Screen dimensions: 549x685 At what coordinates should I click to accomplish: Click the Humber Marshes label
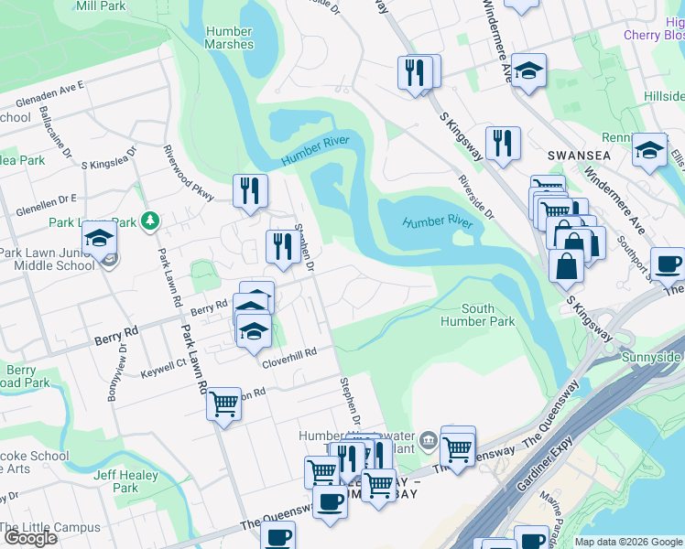click(229, 38)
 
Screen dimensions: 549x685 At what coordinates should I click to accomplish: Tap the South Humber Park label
click(477, 315)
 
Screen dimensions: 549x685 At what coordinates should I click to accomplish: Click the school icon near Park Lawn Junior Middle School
click(99, 238)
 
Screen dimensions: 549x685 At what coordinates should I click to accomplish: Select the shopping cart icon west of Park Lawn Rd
click(223, 404)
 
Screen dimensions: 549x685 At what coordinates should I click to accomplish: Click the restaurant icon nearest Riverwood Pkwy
click(250, 190)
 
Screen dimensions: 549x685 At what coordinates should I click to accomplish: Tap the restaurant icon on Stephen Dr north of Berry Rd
click(283, 246)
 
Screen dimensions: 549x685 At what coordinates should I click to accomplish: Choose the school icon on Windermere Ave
click(528, 71)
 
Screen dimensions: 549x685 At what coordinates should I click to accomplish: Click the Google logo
click(30, 538)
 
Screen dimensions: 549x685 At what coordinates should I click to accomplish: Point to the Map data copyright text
click(628, 542)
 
